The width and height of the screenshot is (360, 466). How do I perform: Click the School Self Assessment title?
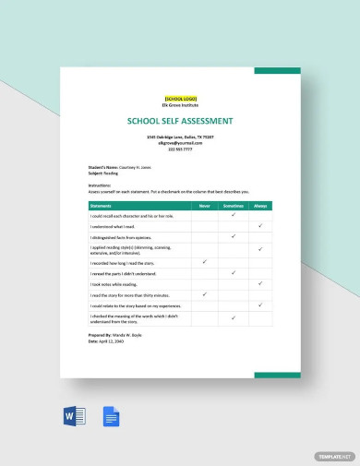pyautogui.click(x=180, y=121)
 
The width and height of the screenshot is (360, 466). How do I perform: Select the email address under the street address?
pyautogui.click(x=180, y=143)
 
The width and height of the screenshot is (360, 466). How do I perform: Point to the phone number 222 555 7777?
pyautogui.click(x=180, y=149)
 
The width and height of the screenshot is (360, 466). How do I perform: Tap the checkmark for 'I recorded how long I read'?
pyautogui.click(x=204, y=262)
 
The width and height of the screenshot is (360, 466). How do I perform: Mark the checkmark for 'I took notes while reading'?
pyautogui.click(x=261, y=283)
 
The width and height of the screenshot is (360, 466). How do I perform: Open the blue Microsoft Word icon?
pyautogui.click(x=74, y=416)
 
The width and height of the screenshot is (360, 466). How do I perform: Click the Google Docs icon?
pyautogui.click(x=111, y=416)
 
